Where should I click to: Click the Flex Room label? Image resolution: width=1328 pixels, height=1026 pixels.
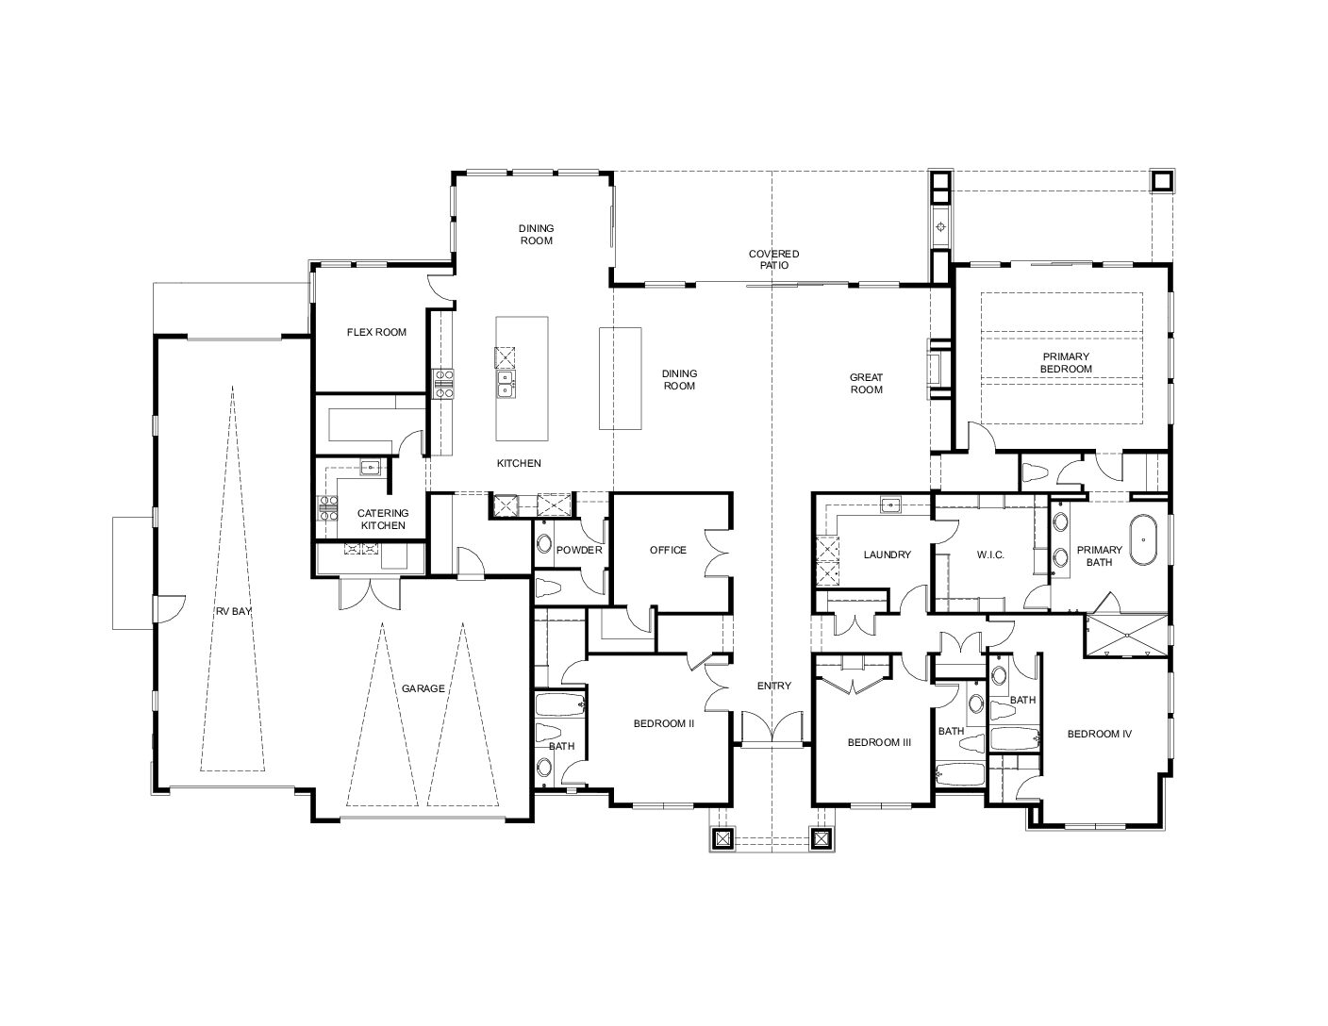pyautogui.click(x=376, y=333)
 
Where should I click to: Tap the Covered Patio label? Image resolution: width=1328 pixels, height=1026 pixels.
pyautogui.click(x=773, y=259)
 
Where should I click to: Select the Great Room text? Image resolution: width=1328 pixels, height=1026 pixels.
pyautogui.click(x=866, y=384)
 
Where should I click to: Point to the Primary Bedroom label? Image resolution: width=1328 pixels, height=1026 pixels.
pyautogui.click(x=1066, y=363)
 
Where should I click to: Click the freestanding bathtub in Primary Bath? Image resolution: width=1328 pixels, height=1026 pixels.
pyautogui.click(x=1143, y=540)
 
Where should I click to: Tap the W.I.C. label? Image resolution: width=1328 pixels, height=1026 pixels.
pyautogui.click(x=990, y=554)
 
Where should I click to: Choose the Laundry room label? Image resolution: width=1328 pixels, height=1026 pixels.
pyautogui.click(x=887, y=554)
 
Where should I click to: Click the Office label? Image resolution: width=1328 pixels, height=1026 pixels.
pyautogui.click(x=668, y=550)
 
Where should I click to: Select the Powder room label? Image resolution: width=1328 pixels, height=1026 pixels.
pyautogui.click(x=579, y=550)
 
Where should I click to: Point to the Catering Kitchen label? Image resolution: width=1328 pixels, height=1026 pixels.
pyautogui.click(x=383, y=520)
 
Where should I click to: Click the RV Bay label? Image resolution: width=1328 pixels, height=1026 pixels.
pyautogui.click(x=233, y=611)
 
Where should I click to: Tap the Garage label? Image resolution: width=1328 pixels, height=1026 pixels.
pyautogui.click(x=423, y=688)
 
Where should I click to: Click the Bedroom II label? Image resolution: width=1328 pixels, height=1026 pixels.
pyautogui.click(x=664, y=723)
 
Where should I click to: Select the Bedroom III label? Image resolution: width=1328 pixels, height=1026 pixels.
pyautogui.click(x=879, y=742)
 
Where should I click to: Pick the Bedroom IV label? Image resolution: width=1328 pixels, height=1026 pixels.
pyautogui.click(x=1100, y=734)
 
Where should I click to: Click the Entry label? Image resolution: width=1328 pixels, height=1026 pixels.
pyautogui.click(x=773, y=687)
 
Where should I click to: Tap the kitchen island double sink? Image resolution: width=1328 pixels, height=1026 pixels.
pyautogui.click(x=506, y=384)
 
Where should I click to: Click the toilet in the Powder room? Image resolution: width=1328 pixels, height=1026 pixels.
pyautogui.click(x=548, y=587)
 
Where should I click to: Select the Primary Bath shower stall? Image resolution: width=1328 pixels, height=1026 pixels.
pyautogui.click(x=1126, y=637)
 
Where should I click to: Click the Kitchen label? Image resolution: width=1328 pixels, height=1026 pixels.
pyautogui.click(x=519, y=463)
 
